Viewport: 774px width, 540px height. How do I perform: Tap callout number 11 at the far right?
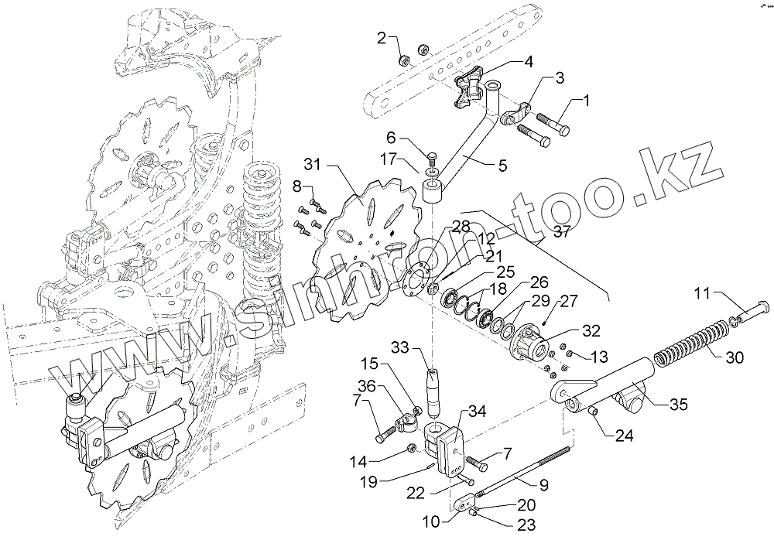[700, 293]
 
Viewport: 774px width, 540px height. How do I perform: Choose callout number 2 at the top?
[382, 37]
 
